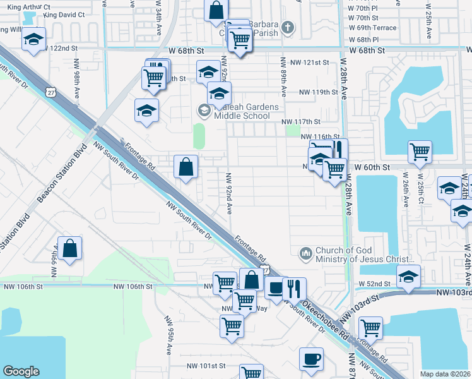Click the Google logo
[x=21, y=371]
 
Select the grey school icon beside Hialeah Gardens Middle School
[x=204, y=111]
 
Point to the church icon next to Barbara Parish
[x=288, y=27]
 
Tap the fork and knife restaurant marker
[x=294, y=288]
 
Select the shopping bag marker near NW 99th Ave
[x=71, y=248]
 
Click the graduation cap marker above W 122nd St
[x=33, y=39]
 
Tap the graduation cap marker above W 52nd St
[x=409, y=276]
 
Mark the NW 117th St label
[x=301, y=121]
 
